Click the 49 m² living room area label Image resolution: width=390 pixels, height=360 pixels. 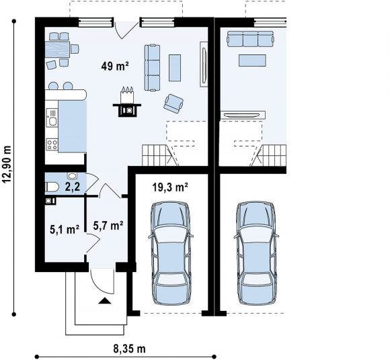point(115,66)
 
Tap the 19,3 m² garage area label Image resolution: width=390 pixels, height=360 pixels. point(170,187)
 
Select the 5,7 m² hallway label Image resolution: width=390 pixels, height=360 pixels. point(108,226)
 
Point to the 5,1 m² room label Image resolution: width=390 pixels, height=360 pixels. point(65,229)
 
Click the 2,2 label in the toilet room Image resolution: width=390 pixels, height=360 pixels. point(73,187)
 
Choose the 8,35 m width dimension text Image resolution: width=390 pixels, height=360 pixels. point(129,349)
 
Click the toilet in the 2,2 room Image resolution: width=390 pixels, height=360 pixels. point(52,187)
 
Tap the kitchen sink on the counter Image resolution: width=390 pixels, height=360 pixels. point(52,118)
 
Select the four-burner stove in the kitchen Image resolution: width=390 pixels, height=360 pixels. point(52,144)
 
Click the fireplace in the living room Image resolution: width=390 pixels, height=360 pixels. point(127,102)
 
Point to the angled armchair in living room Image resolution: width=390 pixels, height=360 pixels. point(173,103)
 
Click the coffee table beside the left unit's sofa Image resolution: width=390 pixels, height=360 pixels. point(175,68)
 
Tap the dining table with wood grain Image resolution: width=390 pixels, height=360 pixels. point(57,50)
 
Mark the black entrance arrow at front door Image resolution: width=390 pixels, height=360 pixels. point(105,301)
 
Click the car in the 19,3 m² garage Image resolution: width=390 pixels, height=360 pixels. point(171,253)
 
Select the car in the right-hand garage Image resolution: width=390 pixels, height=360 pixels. point(256,253)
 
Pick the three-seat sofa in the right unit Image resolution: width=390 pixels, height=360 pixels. point(250,39)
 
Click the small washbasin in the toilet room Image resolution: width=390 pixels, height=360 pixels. point(73,176)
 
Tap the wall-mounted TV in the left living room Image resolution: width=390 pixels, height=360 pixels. point(204,64)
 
